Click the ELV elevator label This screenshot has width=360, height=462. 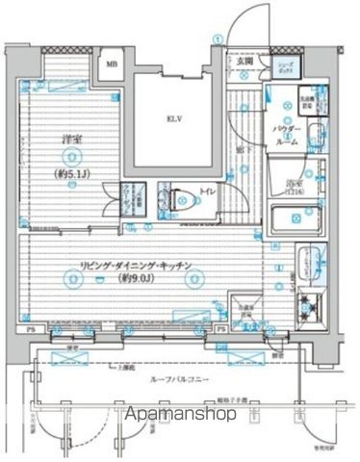pos(174,120)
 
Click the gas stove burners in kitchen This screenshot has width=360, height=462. pos(310,310)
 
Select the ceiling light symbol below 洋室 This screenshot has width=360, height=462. pos(72,201)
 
